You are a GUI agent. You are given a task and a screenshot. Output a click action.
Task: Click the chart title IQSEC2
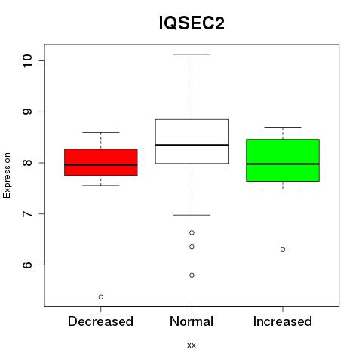192,23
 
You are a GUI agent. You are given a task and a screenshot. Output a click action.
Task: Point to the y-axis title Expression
7,175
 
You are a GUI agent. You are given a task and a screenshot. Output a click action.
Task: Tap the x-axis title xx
192,345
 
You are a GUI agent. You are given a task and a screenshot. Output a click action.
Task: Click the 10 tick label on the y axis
27,60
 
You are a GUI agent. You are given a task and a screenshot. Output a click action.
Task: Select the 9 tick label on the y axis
27,112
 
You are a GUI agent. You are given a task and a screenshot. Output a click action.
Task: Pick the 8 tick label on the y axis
27,163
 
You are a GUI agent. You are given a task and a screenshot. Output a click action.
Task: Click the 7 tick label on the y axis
27,214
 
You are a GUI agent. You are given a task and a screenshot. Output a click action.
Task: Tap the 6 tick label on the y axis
27,265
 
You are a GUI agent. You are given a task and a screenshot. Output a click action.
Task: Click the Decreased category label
100,321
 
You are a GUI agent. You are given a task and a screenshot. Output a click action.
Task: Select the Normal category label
192,321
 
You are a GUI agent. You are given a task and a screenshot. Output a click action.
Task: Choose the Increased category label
283,321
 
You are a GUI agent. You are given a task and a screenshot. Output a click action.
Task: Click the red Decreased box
101,162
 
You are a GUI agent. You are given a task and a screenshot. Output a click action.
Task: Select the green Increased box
283,160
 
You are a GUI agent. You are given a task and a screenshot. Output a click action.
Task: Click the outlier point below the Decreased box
101,297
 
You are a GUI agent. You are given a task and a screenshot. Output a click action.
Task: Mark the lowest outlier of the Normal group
192,275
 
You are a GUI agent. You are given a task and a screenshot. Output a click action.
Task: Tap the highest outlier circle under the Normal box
192,232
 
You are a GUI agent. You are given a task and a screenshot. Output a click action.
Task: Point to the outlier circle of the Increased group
283,250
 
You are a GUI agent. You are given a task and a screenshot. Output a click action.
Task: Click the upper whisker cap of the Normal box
192,54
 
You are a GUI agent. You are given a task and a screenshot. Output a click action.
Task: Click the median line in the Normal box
192,145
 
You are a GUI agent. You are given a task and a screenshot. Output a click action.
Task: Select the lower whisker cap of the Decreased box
101,186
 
